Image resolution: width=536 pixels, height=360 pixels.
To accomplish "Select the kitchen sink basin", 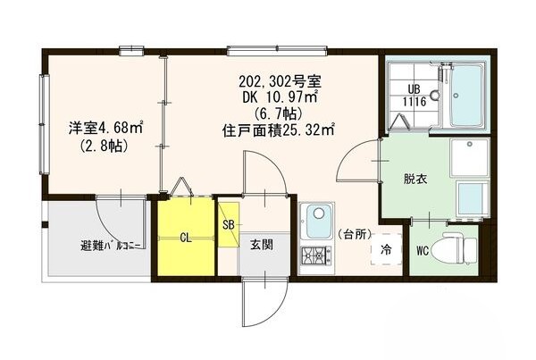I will click(316, 217).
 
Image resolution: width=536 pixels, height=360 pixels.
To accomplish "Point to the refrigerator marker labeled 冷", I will click(387, 249).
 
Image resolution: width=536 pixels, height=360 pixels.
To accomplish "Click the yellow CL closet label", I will click(185, 239).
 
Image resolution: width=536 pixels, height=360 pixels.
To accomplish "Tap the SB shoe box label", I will click(228, 224).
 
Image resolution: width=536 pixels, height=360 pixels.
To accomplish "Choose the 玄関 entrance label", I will click(262, 244).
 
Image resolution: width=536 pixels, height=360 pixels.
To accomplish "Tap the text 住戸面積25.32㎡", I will click(278, 130).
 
